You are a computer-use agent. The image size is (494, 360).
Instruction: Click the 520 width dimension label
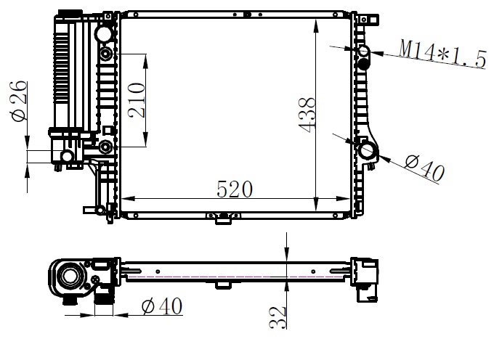pyautogui.click(x=235, y=189)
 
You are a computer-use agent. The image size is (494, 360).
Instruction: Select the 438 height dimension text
pyautogui.click(x=307, y=115)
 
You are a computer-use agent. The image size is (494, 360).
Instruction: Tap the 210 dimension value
pyautogui.click(x=137, y=100)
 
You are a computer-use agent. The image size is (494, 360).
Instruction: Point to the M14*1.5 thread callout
pyautogui.click(x=442, y=54)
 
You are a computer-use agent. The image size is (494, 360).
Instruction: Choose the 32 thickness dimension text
pyautogui.click(x=278, y=317)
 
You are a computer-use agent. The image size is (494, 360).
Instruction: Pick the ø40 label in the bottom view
pyautogui.click(x=162, y=306)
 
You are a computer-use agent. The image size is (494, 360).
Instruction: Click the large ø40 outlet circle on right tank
pyautogui.click(x=367, y=150)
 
